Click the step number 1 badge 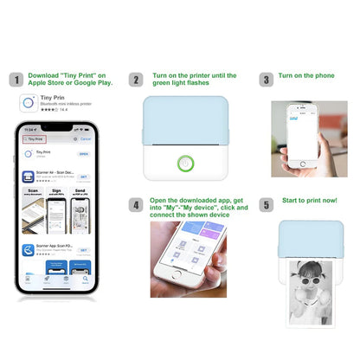[x=15, y=80]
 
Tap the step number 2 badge [x=136, y=80]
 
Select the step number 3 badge [x=266, y=80]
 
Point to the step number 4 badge [x=136, y=205]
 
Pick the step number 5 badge [x=266, y=205]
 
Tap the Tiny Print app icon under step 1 [x=28, y=103]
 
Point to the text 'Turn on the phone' [x=307, y=76]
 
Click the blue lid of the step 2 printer [x=185, y=121]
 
